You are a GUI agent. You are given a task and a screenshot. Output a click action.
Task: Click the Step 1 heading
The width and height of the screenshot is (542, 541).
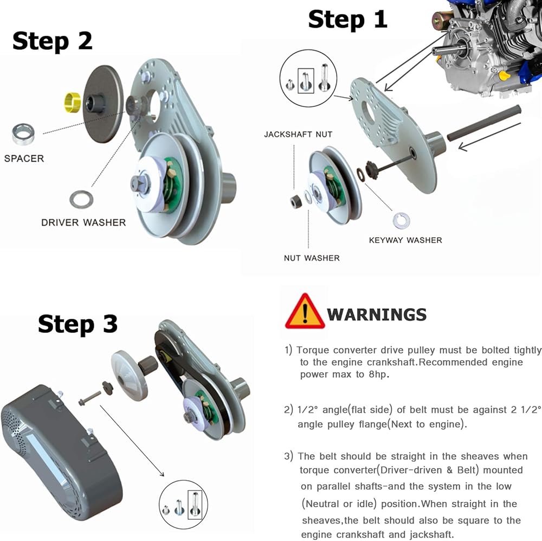[347, 20]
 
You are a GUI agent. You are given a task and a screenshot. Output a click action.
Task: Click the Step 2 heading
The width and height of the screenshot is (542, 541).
[53, 41]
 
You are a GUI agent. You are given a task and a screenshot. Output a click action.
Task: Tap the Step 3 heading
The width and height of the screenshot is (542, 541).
[78, 324]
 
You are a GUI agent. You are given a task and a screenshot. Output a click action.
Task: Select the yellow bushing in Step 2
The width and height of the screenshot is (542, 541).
[73, 103]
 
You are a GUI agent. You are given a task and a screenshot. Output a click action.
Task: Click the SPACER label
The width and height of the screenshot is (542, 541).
[24, 158]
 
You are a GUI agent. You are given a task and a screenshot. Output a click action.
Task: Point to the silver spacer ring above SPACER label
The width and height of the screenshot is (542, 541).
[23, 133]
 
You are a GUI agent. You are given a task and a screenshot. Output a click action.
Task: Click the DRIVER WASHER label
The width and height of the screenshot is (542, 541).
[83, 222]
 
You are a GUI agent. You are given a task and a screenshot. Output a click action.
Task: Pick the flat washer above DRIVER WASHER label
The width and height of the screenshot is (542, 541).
[81, 199]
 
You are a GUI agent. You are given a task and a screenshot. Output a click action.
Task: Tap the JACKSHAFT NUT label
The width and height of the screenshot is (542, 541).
[298, 134]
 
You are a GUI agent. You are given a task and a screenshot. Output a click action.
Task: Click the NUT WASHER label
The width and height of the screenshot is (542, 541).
[312, 258]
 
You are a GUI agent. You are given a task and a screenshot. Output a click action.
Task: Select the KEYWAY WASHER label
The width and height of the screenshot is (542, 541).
[405, 240]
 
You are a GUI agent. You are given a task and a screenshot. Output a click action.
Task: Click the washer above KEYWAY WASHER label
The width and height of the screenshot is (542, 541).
[401, 220]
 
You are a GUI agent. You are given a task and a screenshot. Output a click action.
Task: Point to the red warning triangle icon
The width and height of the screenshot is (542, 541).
[305, 311]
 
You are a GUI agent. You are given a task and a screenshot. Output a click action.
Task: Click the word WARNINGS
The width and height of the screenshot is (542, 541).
[377, 315]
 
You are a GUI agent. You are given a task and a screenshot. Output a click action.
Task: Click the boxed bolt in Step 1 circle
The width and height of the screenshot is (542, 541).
[306, 81]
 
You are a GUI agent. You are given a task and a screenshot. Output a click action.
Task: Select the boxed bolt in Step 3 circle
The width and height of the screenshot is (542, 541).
[195, 505]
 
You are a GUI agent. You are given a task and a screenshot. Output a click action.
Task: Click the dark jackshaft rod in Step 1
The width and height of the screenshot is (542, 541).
[484, 123]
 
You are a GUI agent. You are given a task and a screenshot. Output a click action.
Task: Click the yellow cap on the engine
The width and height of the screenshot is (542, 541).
[504, 75]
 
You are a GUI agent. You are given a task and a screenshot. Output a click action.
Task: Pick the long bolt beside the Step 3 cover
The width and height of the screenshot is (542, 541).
[89, 398]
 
